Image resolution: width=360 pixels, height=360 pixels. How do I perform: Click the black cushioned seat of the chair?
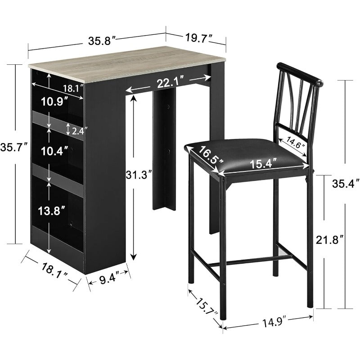click(243, 157)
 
